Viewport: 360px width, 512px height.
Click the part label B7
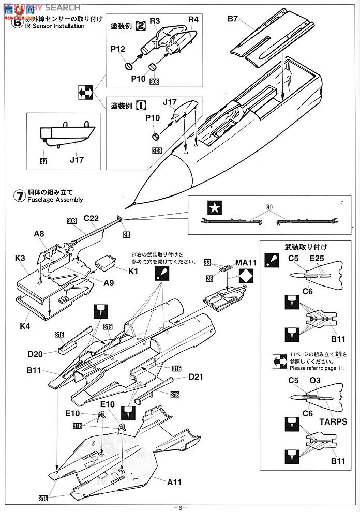(232, 20)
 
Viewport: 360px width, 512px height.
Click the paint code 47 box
(43, 161)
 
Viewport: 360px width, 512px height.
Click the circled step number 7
(19, 195)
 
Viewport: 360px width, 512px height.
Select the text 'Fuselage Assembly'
(56, 200)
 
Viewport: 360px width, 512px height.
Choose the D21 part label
(196, 377)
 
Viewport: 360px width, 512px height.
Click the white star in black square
(213, 208)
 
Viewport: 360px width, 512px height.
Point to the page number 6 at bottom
(179, 507)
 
